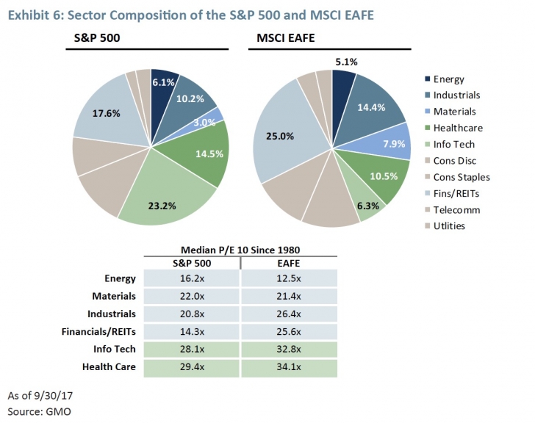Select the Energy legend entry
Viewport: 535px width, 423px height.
pyautogui.click(x=448, y=79)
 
